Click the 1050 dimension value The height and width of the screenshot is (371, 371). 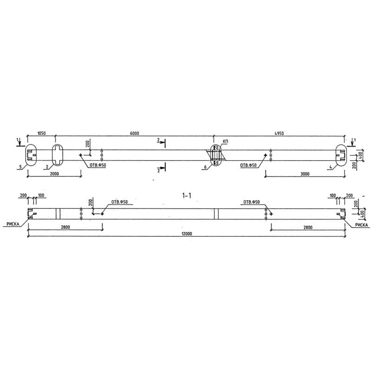click(x=41, y=134)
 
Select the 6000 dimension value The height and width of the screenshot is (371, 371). click(x=134, y=134)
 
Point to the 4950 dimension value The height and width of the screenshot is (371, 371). click(x=279, y=134)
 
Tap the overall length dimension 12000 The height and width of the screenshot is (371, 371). click(x=187, y=234)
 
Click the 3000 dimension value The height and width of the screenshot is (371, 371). click(x=304, y=174)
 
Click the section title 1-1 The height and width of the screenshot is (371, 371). click(x=187, y=196)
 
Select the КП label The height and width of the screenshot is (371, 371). click(x=225, y=141)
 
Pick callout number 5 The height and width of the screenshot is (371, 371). click(x=21, y=166)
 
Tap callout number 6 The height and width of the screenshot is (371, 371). click(x=205, y=166)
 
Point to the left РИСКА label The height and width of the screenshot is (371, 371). click(x=13, y=224)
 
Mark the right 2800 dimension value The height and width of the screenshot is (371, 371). click(x=308, y=227)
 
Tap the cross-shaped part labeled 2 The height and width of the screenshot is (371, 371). click(x=58, y=155)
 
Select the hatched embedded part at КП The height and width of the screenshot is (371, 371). click(x=215, y=155)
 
